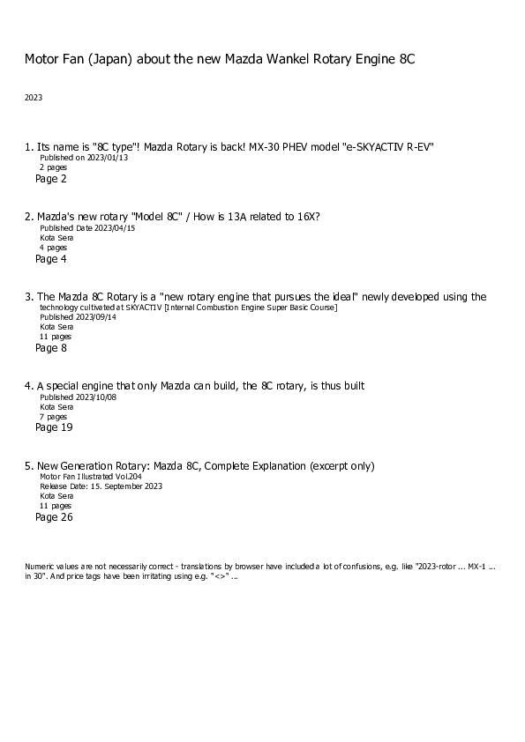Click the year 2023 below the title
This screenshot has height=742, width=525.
click(x=34, y=98)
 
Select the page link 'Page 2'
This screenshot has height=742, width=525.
click(x=51, y=179)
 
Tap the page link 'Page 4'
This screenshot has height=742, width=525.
click(x=51, y=259)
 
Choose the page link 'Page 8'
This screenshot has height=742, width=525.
click(x=51, y=348)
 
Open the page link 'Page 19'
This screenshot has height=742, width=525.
click(x=54, y=427)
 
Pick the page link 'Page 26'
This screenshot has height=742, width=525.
click(x=54, y=517)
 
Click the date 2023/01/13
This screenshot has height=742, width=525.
click(x=108, y=158)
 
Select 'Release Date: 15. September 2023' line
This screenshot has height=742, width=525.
click(x=101, y=486)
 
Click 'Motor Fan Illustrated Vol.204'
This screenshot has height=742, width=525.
click(x=94, y=476)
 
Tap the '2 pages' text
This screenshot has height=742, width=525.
click(x=53, y=167)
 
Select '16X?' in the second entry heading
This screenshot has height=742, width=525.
click(x=306, y=217)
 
